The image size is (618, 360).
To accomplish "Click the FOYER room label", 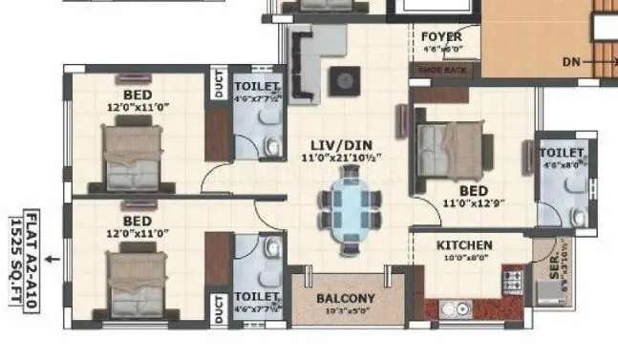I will tap(441, 37).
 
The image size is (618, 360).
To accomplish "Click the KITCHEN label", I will tap(464, 245).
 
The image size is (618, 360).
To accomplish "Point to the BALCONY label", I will tap(346, 298).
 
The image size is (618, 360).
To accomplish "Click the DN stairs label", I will tap(571, 61).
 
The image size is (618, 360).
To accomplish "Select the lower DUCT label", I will tap(219, 307).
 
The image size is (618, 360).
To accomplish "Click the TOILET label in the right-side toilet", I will tap(561, 153).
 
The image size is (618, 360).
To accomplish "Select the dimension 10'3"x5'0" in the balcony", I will tap(346, 311).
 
